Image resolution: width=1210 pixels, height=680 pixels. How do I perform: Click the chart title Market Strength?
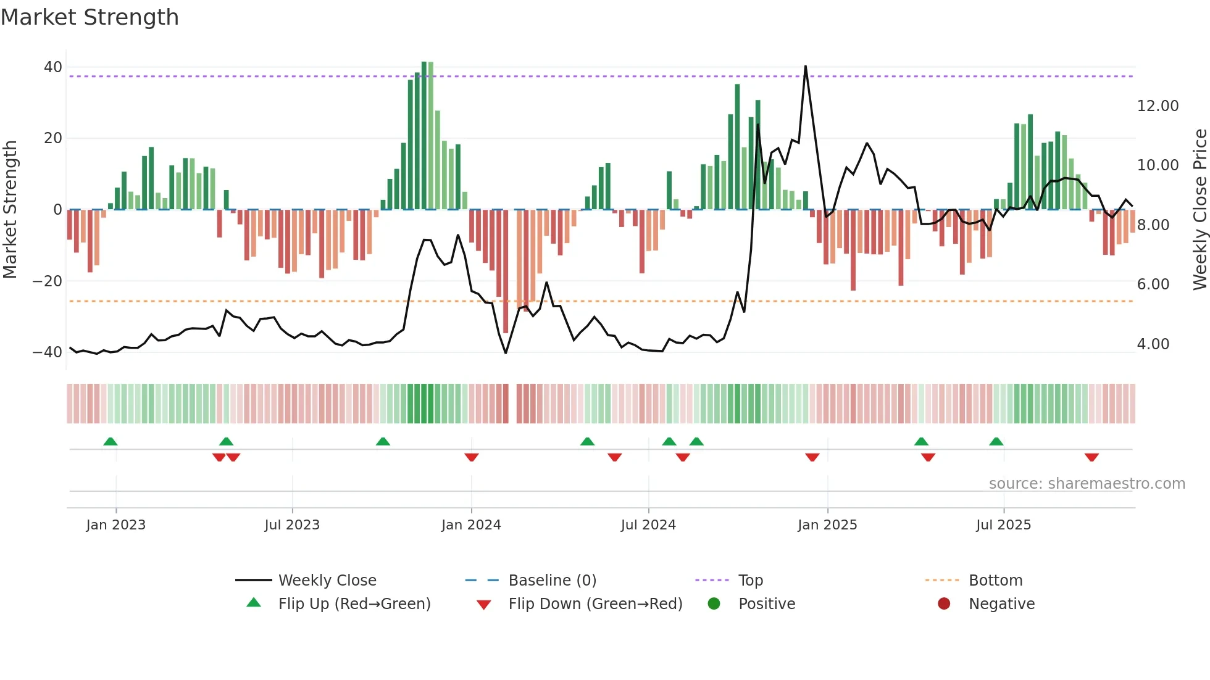pos(90,17)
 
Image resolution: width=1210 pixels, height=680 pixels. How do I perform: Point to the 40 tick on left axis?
pos(53,67)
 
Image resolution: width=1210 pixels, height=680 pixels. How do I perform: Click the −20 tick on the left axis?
pos(48,281)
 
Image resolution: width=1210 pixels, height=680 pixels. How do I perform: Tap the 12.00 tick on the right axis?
pos(1158,106)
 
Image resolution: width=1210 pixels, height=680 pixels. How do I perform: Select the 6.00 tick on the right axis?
pos(1153,284)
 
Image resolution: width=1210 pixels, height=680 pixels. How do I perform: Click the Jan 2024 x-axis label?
pos(471,525)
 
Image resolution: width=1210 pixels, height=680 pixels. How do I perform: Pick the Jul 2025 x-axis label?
pos(1003,525)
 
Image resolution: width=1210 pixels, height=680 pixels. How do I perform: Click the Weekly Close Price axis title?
pos(1200,210)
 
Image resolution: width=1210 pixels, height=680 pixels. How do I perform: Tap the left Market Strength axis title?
pos(10,210)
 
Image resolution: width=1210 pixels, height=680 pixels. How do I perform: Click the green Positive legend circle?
pos(714,604)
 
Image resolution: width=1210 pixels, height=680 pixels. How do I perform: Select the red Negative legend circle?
pos(944,604)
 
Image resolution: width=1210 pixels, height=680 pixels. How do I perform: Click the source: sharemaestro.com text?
pos(1087,484)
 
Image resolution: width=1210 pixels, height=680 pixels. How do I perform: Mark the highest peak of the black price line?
pos(806,66)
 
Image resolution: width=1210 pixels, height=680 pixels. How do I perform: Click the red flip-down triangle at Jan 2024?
pos(472,457)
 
